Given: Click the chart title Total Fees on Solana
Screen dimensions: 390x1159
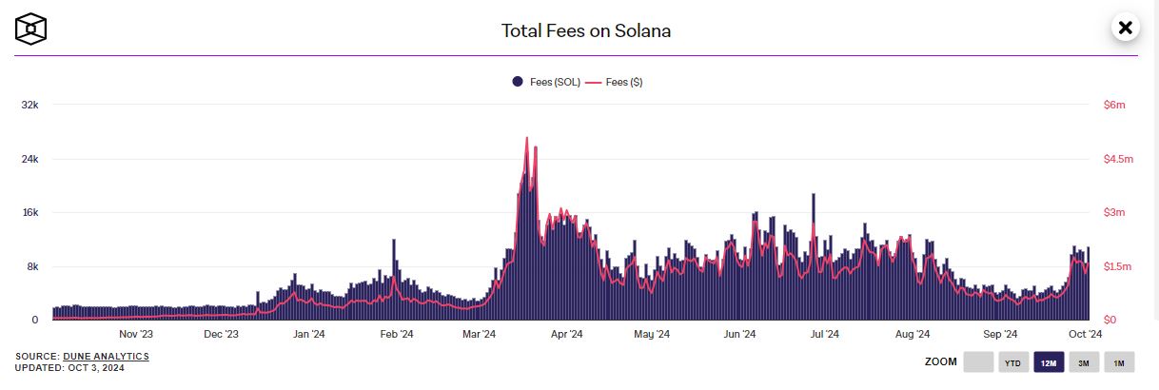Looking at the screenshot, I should click(586, 30).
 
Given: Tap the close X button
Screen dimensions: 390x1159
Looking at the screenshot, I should click(1125, 28).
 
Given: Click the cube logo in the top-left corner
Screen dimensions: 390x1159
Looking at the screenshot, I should click(30, 29).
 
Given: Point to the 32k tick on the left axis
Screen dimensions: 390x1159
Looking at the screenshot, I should click(29, 106).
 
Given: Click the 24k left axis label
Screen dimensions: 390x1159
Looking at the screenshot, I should click(29, 159).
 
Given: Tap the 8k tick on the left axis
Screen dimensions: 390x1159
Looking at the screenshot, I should click(32, 266).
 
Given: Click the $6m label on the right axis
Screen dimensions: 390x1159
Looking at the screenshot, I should click(1113, 106).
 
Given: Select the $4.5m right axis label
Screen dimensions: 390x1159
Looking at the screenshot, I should click(1118, 159).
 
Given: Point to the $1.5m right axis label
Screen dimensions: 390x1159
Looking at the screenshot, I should click(1118, 266).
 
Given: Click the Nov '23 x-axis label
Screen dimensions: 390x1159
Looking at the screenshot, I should click(136, 334).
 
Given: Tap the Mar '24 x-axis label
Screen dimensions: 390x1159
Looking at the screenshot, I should click(479, 334).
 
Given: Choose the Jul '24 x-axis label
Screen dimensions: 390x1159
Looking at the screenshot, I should click(824, 334).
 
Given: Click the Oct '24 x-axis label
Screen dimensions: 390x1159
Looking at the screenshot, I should click(1085, 334).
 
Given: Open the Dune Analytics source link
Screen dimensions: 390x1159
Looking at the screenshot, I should click(106, 356).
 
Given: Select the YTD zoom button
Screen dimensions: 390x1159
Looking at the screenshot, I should click(1013, 362).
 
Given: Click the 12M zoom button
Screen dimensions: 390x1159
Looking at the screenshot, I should click(1049, 362).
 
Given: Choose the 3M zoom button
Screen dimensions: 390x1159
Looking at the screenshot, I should click(1084, 362).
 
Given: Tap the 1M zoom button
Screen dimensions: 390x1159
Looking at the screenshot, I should click(1119, 362).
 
